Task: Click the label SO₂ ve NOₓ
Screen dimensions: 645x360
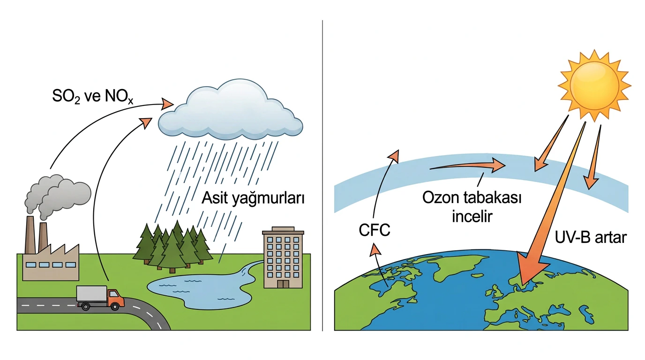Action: click(x=93, y=97)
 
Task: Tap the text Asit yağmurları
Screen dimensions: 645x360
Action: click(x=253, y=199)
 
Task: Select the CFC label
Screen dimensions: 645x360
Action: click(x=375, y=230)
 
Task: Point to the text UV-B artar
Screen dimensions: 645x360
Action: click(x=591, y=237)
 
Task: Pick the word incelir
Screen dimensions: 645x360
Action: click(x=472, y=216)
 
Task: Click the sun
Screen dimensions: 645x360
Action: click(x=594, y=85)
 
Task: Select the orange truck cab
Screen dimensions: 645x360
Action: click(x=116, y=298)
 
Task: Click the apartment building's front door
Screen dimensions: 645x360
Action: click(x=283, y=284)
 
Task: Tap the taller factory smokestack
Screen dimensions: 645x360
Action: click(x=30, y=235)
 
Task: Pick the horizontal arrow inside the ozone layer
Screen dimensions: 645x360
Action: click(x=468, y=165)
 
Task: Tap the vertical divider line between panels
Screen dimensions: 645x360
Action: click(x=322, y=175)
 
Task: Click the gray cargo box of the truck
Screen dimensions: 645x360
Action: click(x=92, y=294)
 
